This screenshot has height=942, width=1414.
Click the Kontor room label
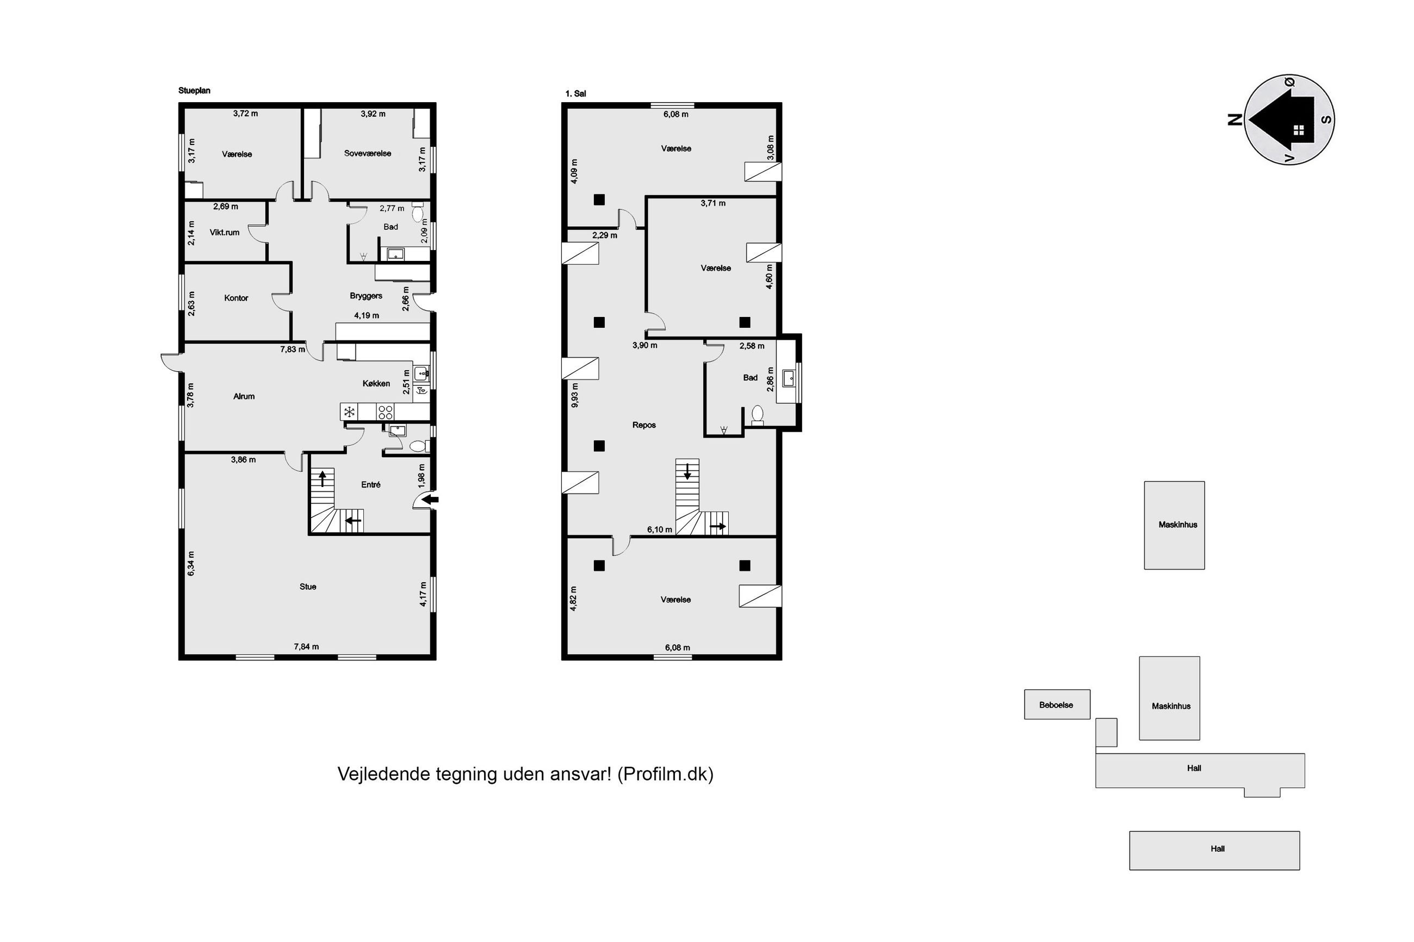[235, 298]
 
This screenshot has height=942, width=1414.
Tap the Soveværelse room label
[367, 153]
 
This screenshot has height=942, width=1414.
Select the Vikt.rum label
[224, 233]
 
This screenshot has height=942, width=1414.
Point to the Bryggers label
[366, 296]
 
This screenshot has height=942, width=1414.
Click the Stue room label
[308, 587]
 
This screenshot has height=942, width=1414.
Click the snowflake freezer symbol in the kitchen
[349, 412]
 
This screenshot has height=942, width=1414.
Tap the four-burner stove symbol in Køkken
[385, 412]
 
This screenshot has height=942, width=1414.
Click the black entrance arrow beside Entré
[431, 498]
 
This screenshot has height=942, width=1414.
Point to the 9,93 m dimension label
[574, 395]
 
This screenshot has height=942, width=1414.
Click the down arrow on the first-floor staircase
[687, 470]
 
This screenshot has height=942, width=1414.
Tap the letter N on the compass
[1235, 120]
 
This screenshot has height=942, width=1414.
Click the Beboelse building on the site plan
[1057, 704]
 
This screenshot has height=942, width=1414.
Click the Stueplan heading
[194, 91]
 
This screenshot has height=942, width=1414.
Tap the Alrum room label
[244, 396]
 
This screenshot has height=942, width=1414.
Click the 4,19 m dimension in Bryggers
[367, 315]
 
